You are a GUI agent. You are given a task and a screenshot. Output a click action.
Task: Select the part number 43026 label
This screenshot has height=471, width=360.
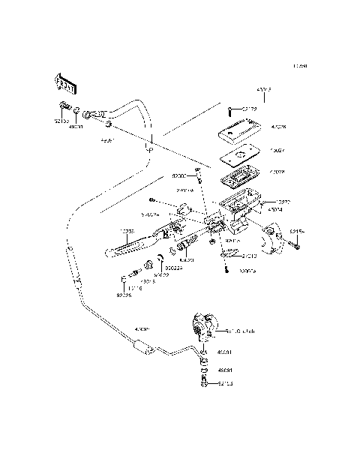278,127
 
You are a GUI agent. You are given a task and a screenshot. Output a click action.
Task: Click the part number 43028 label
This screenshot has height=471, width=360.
277,171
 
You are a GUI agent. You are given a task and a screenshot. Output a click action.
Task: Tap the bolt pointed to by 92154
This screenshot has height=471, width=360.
298,244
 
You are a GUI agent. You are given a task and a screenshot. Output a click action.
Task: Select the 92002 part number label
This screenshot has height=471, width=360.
178,176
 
